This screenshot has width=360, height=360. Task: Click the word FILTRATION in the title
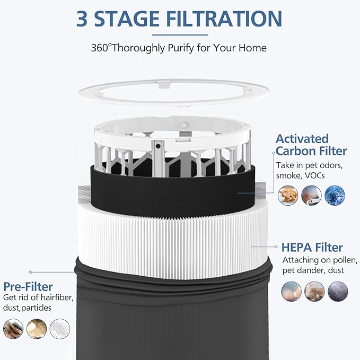224,19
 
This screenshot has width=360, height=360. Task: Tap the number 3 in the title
83,19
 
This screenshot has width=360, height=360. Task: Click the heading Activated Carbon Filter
311,145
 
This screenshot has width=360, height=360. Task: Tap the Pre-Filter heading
28,287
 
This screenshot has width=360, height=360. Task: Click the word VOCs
316,175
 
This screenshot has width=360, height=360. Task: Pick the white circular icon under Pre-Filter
60,328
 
